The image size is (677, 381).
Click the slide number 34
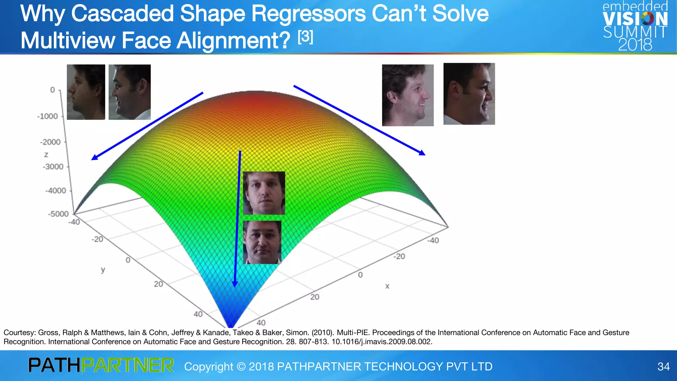point(663,366)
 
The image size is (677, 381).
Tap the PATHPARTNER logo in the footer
point(101,365)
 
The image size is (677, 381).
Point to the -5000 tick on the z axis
point(58,214)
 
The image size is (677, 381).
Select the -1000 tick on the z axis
point(48,116)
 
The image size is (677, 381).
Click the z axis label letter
point(46,154)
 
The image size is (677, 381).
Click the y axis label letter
point(103,270)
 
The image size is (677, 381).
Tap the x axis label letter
point(387,286)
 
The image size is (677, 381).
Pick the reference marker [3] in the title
point(305,37)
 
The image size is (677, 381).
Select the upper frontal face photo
point(264,193)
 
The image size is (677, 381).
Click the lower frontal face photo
point(262,242)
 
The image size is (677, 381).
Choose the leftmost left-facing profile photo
point(86,92)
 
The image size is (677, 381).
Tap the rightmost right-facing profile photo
point(469,94)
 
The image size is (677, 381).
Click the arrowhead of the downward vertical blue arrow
point(235,284)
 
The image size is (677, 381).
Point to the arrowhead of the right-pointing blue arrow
point(422,152)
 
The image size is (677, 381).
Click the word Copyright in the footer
point(209,366)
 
